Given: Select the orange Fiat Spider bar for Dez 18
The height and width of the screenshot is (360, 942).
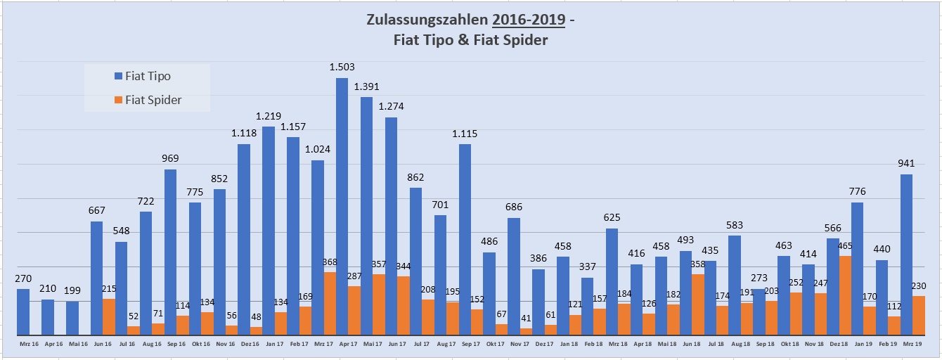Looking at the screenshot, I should click(x=845, y=295).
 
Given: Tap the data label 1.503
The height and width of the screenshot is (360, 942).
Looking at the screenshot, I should click(x=342, y=67).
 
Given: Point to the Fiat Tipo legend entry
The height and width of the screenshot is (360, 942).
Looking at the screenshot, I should click(x=147, y=76).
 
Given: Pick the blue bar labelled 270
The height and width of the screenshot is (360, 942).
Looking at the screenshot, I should click(x=23, y=311).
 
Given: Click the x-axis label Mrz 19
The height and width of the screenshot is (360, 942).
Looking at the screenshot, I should click(x=912, y=343).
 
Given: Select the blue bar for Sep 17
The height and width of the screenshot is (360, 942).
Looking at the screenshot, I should click(x=465, y=239).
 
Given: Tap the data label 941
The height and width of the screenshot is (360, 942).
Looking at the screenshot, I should click(x=907, y=163).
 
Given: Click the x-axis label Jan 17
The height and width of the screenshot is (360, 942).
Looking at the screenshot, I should click(x=275, y=343).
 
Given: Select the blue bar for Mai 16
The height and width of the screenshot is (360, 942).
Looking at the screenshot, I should click(x=72, y=318).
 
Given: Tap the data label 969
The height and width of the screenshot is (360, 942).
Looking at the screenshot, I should click(x=170, y=158).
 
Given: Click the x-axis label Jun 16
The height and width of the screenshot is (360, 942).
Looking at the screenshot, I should click(x=103, y=343).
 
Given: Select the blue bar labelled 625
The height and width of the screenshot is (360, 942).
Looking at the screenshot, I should click(x=612, y=281).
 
